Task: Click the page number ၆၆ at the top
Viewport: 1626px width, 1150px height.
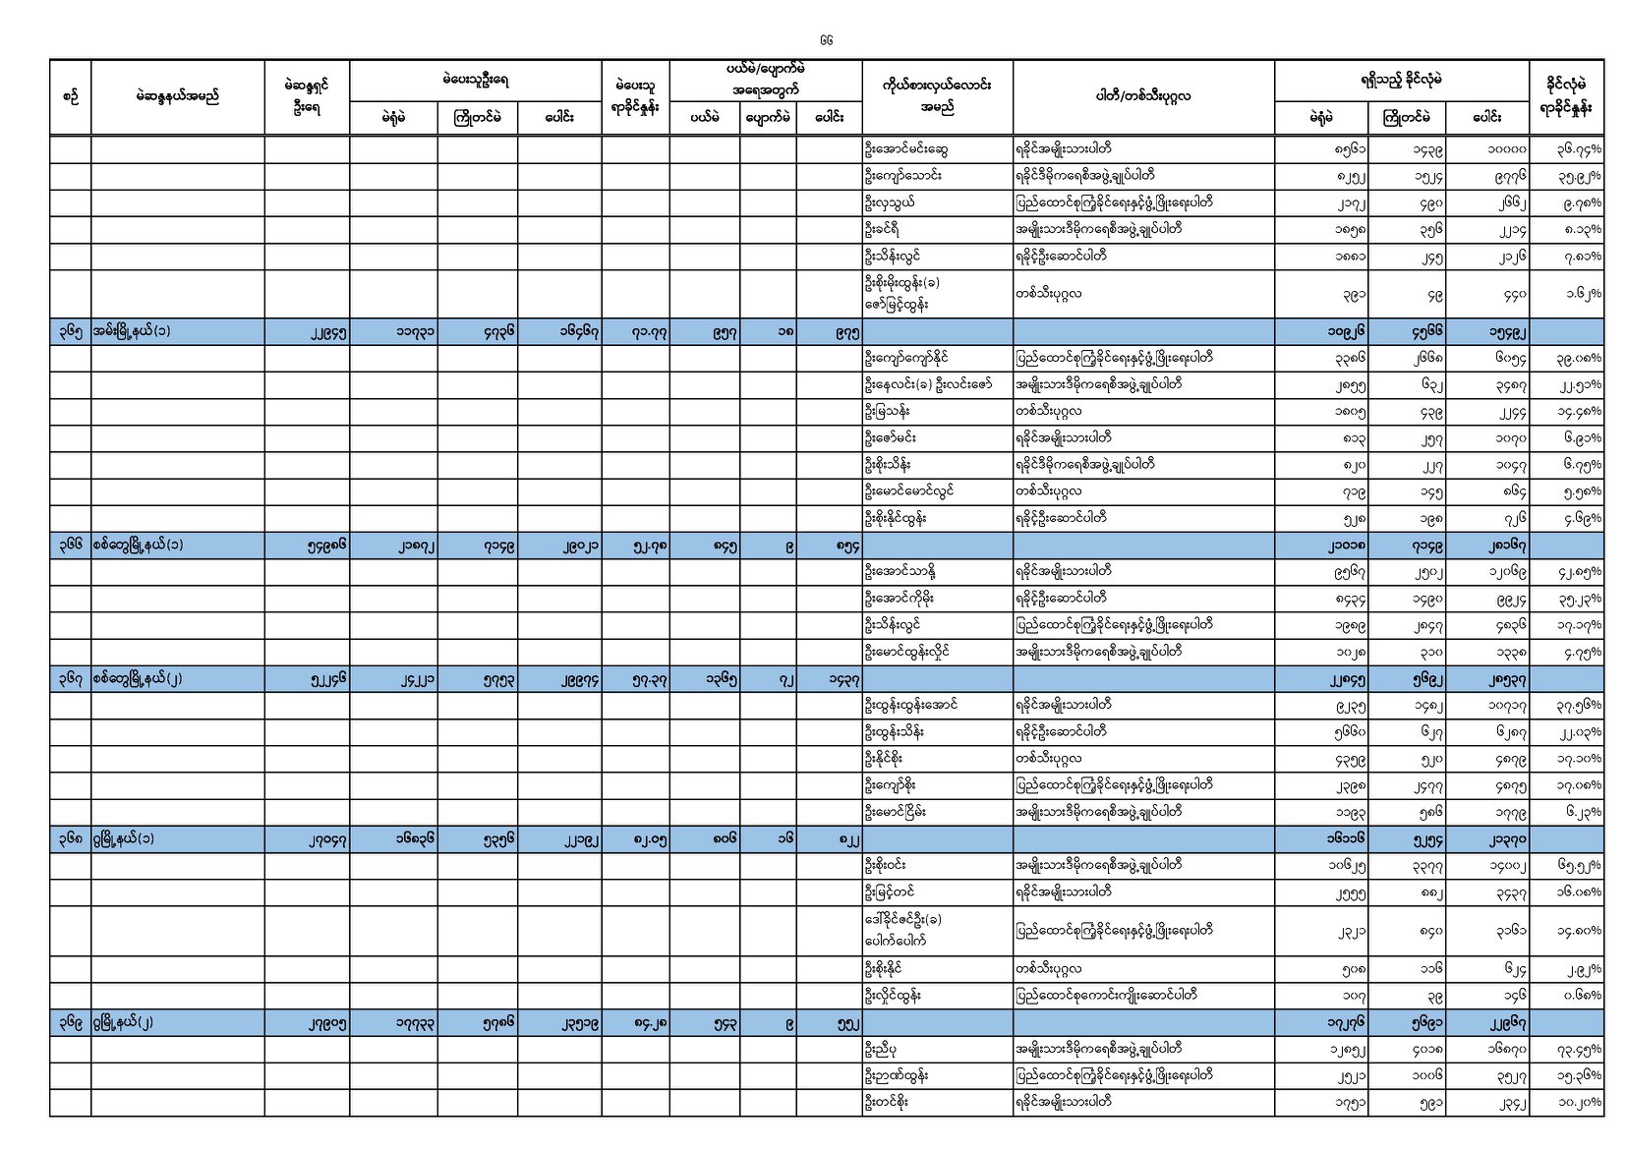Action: [x=825, y=40]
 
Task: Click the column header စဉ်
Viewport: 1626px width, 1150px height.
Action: [x=70, y=96]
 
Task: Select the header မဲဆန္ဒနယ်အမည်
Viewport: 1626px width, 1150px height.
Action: [x=177, y=96]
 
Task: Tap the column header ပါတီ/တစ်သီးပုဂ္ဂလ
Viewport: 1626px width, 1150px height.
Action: [x=1142, y=96]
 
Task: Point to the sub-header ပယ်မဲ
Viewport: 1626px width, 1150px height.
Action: [x=704, y=118]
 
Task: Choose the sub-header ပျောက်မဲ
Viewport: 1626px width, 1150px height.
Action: [x=767, y=118]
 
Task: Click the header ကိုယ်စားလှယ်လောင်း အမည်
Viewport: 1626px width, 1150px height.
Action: [x=936, y=96]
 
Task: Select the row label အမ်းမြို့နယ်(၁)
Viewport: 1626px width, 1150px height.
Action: [x=132, y=331]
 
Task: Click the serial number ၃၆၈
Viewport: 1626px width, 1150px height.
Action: [x=70, y=838]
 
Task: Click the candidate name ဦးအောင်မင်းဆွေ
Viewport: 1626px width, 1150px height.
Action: [x=905, y=149]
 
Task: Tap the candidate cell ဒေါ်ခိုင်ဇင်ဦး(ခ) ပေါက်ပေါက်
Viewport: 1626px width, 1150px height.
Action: [x=903, y=930]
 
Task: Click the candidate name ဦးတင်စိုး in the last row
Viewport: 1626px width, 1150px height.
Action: [x=886, y=1102]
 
